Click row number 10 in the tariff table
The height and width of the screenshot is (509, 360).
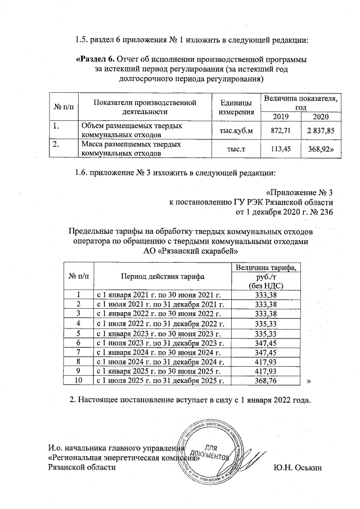tap(80, 381)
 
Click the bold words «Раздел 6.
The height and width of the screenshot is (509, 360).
tap(94, 59)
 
